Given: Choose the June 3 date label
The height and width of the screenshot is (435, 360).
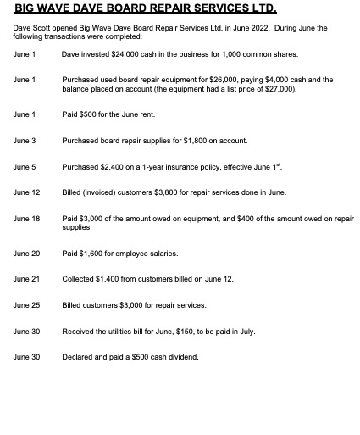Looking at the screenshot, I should [25, 140].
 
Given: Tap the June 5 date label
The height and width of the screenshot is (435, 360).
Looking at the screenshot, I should [25, 166].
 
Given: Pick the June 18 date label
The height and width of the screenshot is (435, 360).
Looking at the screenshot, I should [26, 219].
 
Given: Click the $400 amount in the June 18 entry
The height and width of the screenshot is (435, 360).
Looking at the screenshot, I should [258, 219].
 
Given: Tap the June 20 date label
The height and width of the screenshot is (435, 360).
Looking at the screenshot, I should [26, 254].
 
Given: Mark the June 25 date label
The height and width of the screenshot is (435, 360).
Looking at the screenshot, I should [26, 305].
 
